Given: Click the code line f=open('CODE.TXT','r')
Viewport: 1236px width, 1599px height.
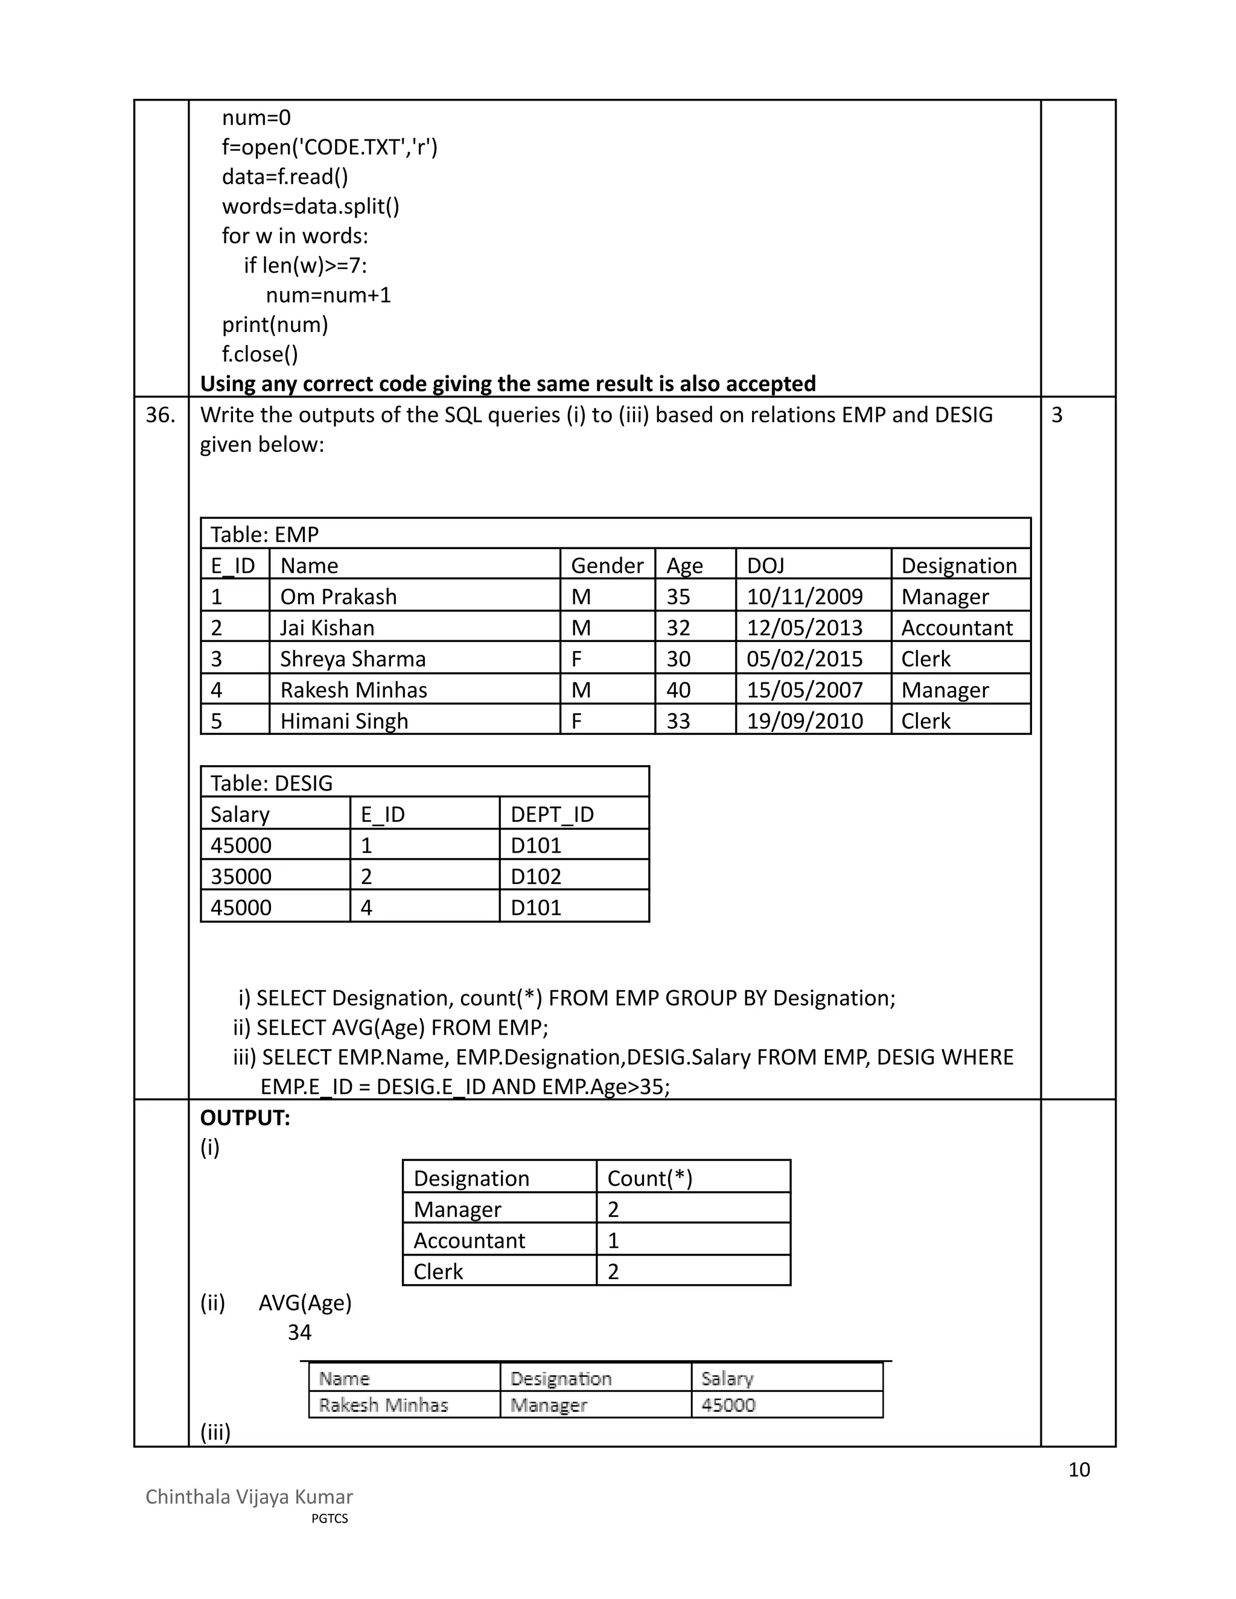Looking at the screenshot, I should (x=330, y=148).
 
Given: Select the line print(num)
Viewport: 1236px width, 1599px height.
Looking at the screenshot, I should (x=275, y=325).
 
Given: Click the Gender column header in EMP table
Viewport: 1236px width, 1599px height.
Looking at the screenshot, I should (x=607, y=565).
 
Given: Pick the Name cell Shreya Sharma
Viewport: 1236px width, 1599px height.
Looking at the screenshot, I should (x=352, y=659).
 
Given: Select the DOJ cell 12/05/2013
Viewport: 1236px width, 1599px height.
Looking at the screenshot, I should (x=804, y=628).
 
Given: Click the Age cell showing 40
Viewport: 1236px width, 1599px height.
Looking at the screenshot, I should (x=678, y=690).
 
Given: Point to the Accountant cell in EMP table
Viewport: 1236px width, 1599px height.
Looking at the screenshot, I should (x=957, y=628).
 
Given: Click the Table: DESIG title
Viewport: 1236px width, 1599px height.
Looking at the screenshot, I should (x=271, y=783).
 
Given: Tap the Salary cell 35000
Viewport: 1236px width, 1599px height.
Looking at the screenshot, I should (x=241, y=876).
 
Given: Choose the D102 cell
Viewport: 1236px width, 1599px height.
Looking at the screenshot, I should (x=536, y=876).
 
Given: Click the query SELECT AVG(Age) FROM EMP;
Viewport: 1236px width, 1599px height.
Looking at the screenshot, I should (x=390, y=1027).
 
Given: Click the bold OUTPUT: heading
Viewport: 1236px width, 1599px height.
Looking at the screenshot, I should (x=245, y=1118).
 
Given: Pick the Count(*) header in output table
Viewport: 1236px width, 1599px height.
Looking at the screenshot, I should (x=649, y=1178).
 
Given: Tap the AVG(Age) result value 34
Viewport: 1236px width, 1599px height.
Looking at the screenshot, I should (x=299, y=1332).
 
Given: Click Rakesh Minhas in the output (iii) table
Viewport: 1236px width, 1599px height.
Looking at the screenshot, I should (x=383, y=1405).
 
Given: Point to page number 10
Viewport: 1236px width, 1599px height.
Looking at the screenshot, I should (x=1078, y=1469).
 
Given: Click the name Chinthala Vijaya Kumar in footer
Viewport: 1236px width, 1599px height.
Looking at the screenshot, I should (x=249, y=1496).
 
